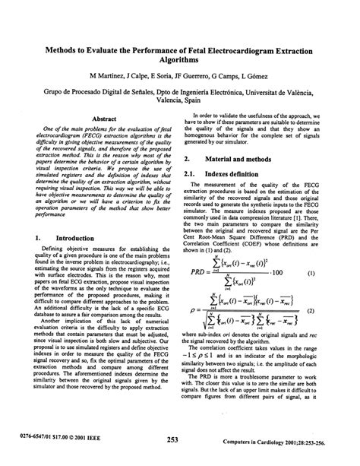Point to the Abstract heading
103,119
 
